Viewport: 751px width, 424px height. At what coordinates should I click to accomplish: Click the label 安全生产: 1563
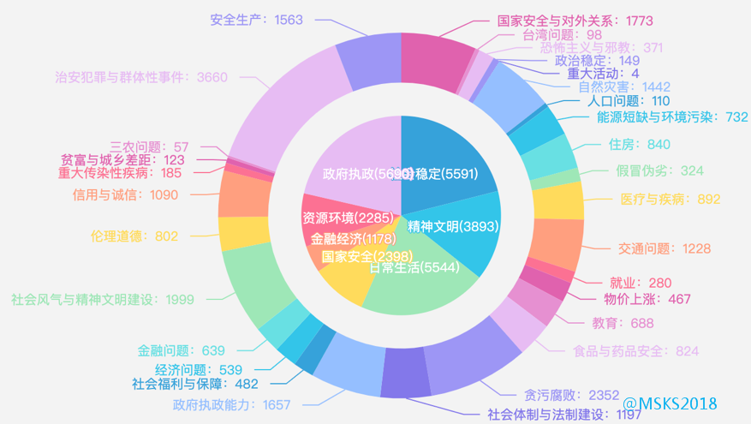point(256,19)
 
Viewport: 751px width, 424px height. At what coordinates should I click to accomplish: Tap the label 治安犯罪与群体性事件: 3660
point(140,77)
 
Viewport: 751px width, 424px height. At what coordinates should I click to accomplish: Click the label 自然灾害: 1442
point(624,87)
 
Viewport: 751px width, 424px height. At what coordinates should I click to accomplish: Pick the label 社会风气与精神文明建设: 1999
point(103,299)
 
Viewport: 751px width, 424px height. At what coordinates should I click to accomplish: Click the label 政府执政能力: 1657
point(232,404)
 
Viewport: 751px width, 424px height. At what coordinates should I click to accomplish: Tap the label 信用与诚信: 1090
point(125,194)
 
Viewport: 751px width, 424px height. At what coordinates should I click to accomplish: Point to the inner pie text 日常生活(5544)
point(408,266)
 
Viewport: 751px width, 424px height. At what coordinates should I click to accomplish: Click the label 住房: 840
point(635,144)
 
